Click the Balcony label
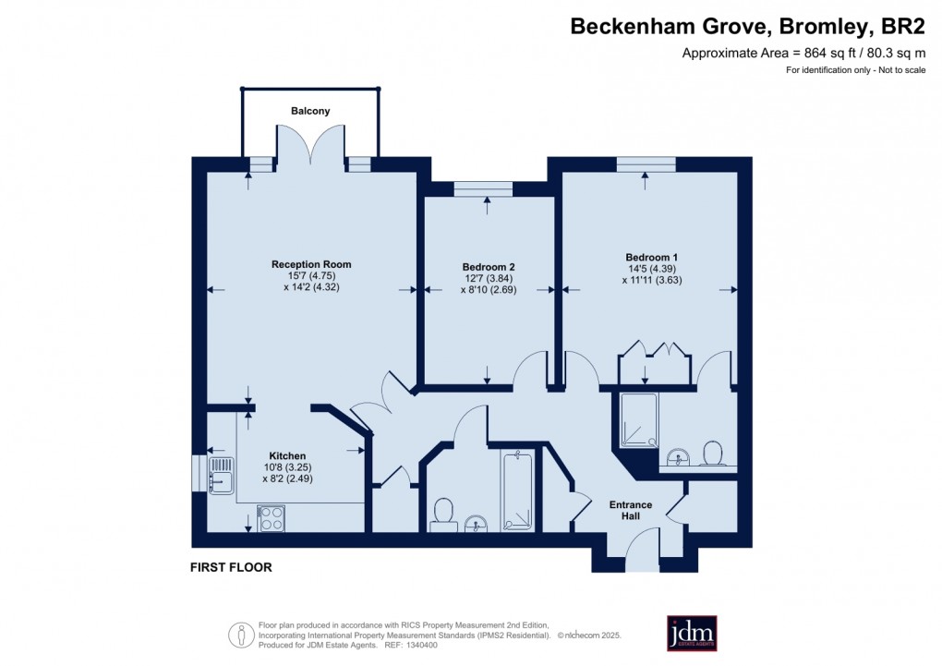[310, 111]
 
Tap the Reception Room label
[311, 264]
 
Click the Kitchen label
[287, 456]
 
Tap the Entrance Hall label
[631, 510]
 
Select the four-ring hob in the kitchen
[271, 517]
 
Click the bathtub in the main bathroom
[518, 490]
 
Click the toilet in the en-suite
[712, 453]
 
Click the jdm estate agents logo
[692, 633]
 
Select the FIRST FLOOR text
[232, 567]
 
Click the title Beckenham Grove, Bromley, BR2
[747, 27]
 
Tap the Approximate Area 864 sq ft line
[803, 54]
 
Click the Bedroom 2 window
[483, 188]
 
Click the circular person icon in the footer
[242, 634]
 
